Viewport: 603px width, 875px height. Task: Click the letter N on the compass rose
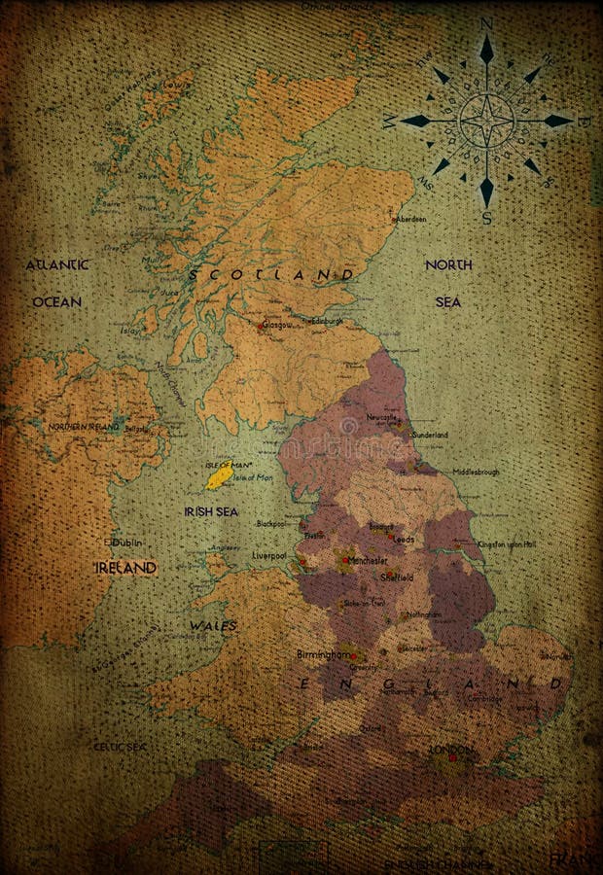pyautogui.click(x=486, y=24)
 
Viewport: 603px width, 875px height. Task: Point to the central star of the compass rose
pyautogui.click(x=486, y=121)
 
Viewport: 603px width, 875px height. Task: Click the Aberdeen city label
pyautogui.click(x=409, y=220)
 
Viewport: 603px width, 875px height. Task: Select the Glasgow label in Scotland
pyautogui.click(x=276, y=326)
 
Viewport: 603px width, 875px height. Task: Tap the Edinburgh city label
pyautogui.click(x=327, y=320)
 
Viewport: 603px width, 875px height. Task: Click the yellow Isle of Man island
pyautogui.click(x=219, y=475)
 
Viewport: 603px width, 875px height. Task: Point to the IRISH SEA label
pyautogui.click(x=211, y=511)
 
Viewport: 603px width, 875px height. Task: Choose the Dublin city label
pyautogui.click(x=127, y=542)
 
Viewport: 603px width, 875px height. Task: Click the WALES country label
pyautogui.click(x=214, y=626)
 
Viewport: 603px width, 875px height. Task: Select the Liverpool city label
pyautogui.click(x=268, y=556)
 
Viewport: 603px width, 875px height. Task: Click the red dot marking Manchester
pyautogui.click(x=343, y=561)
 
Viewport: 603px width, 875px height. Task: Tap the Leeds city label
pyautogui.click(x=404, y=539)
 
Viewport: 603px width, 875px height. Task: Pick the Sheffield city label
pyautogui.click(x=397, y=577)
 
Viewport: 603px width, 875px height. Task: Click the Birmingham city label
pyautogui.click(x=326, y=654)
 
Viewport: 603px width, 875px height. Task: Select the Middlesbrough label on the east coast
pyautogui.click(x=476, y=472)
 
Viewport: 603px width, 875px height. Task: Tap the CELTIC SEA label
pyautogui.click(x=119, y=747)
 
